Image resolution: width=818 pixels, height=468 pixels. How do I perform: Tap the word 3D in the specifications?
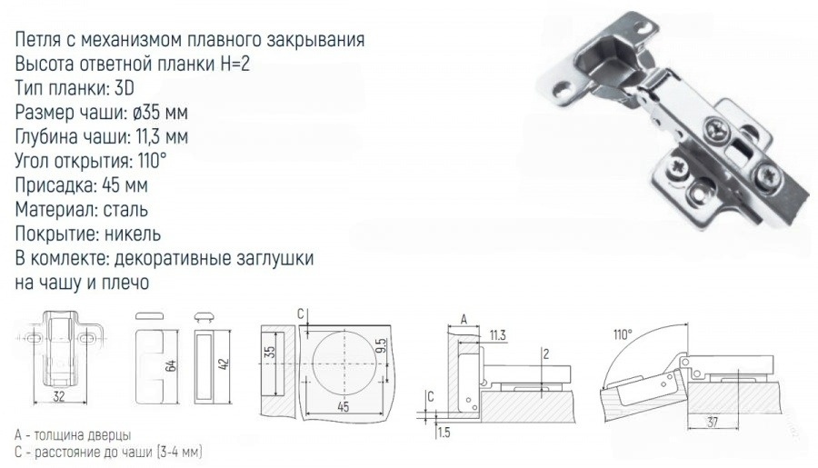tap(124, 88)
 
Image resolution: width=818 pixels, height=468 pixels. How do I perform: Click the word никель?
tap(133, 234)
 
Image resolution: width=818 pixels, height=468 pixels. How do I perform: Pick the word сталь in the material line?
tap(125, 209)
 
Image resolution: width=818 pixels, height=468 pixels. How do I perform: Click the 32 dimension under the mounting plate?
tap(59, 396)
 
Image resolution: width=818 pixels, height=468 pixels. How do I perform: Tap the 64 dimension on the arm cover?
tap(171, 364)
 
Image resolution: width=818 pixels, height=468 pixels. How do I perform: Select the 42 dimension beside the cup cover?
tap(224, 363)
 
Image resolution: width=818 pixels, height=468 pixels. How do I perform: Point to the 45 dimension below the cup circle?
tap(343, 406)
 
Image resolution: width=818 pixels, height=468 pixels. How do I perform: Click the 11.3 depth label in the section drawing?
tap(497, 335)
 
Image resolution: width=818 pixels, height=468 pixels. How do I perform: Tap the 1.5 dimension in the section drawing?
tap(444, 433)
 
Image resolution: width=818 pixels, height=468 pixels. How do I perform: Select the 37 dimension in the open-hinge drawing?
tap(713, 422)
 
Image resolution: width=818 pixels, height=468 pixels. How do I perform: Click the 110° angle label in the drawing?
tap(623, 334)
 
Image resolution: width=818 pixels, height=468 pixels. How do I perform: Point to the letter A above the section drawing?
tap(464, 319)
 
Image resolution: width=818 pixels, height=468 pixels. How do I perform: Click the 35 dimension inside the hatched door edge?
tap(269, 353)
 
